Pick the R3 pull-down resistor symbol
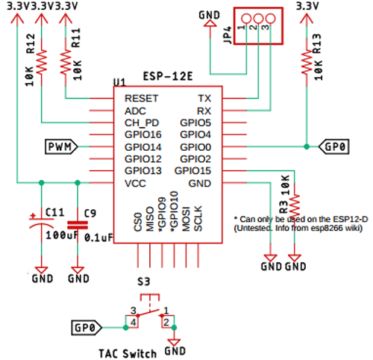296,205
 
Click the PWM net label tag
58,146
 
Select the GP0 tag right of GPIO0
333,147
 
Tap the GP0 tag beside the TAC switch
85,327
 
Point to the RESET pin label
142,99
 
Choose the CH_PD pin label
142,122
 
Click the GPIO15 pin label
193,171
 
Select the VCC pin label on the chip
136,183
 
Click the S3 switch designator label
143,283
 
